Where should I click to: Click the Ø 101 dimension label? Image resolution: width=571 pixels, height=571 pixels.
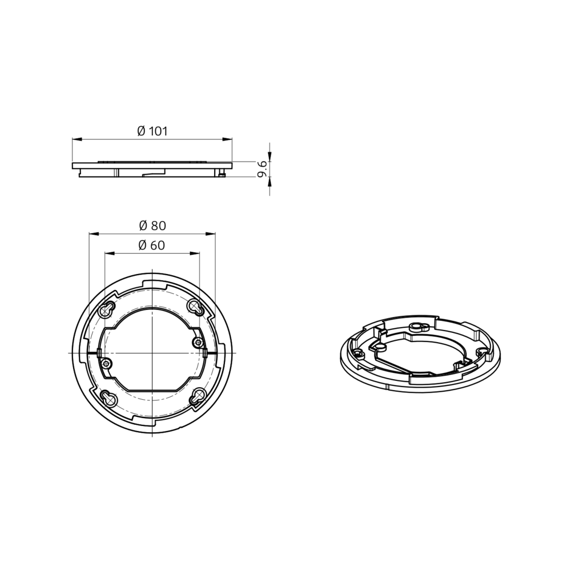click(152, 131)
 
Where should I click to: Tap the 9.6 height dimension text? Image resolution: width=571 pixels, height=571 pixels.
click(263, 170)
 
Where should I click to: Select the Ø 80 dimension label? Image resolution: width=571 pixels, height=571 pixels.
click(152, 226)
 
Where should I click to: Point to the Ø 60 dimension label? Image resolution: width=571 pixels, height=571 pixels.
click(152, 246)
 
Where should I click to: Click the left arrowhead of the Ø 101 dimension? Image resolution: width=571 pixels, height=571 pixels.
click(77, 139)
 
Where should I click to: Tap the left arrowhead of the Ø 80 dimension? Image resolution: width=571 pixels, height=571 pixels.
click(94, 234)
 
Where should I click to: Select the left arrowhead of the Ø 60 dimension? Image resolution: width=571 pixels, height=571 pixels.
click(109, 253)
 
